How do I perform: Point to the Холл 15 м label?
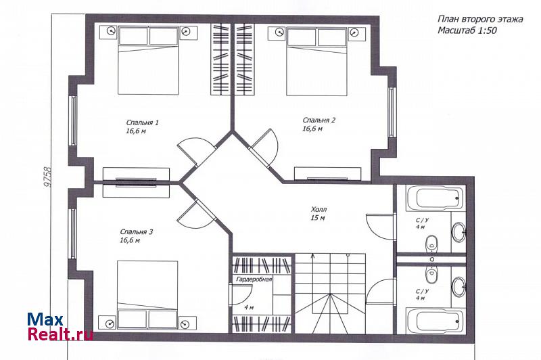pos(319,213)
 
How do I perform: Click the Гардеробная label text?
pos(254,279)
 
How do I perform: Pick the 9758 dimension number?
pos(47,177)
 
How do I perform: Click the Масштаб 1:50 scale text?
pos(467,30)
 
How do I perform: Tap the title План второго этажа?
pos(480,19)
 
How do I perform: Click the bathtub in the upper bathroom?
pos(435,198)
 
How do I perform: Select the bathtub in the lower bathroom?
pos(435,321)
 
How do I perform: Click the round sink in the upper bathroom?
pos(459,232)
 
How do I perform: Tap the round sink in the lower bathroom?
pos(459,286)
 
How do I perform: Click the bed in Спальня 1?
pos(148,60)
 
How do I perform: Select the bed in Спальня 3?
pos(147,295)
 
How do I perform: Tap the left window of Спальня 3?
pos(73,233)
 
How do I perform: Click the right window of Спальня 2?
pos(391,112)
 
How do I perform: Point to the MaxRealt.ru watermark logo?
pos(60,327)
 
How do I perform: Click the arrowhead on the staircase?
pos(312,256)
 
